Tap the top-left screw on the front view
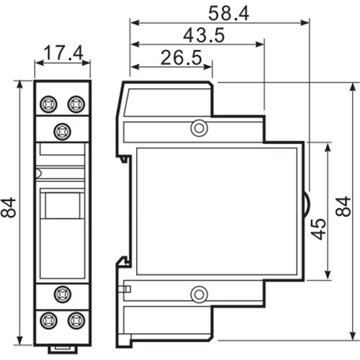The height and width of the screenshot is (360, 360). coord(50,104)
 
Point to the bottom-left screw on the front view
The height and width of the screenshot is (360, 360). coord(50,318)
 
